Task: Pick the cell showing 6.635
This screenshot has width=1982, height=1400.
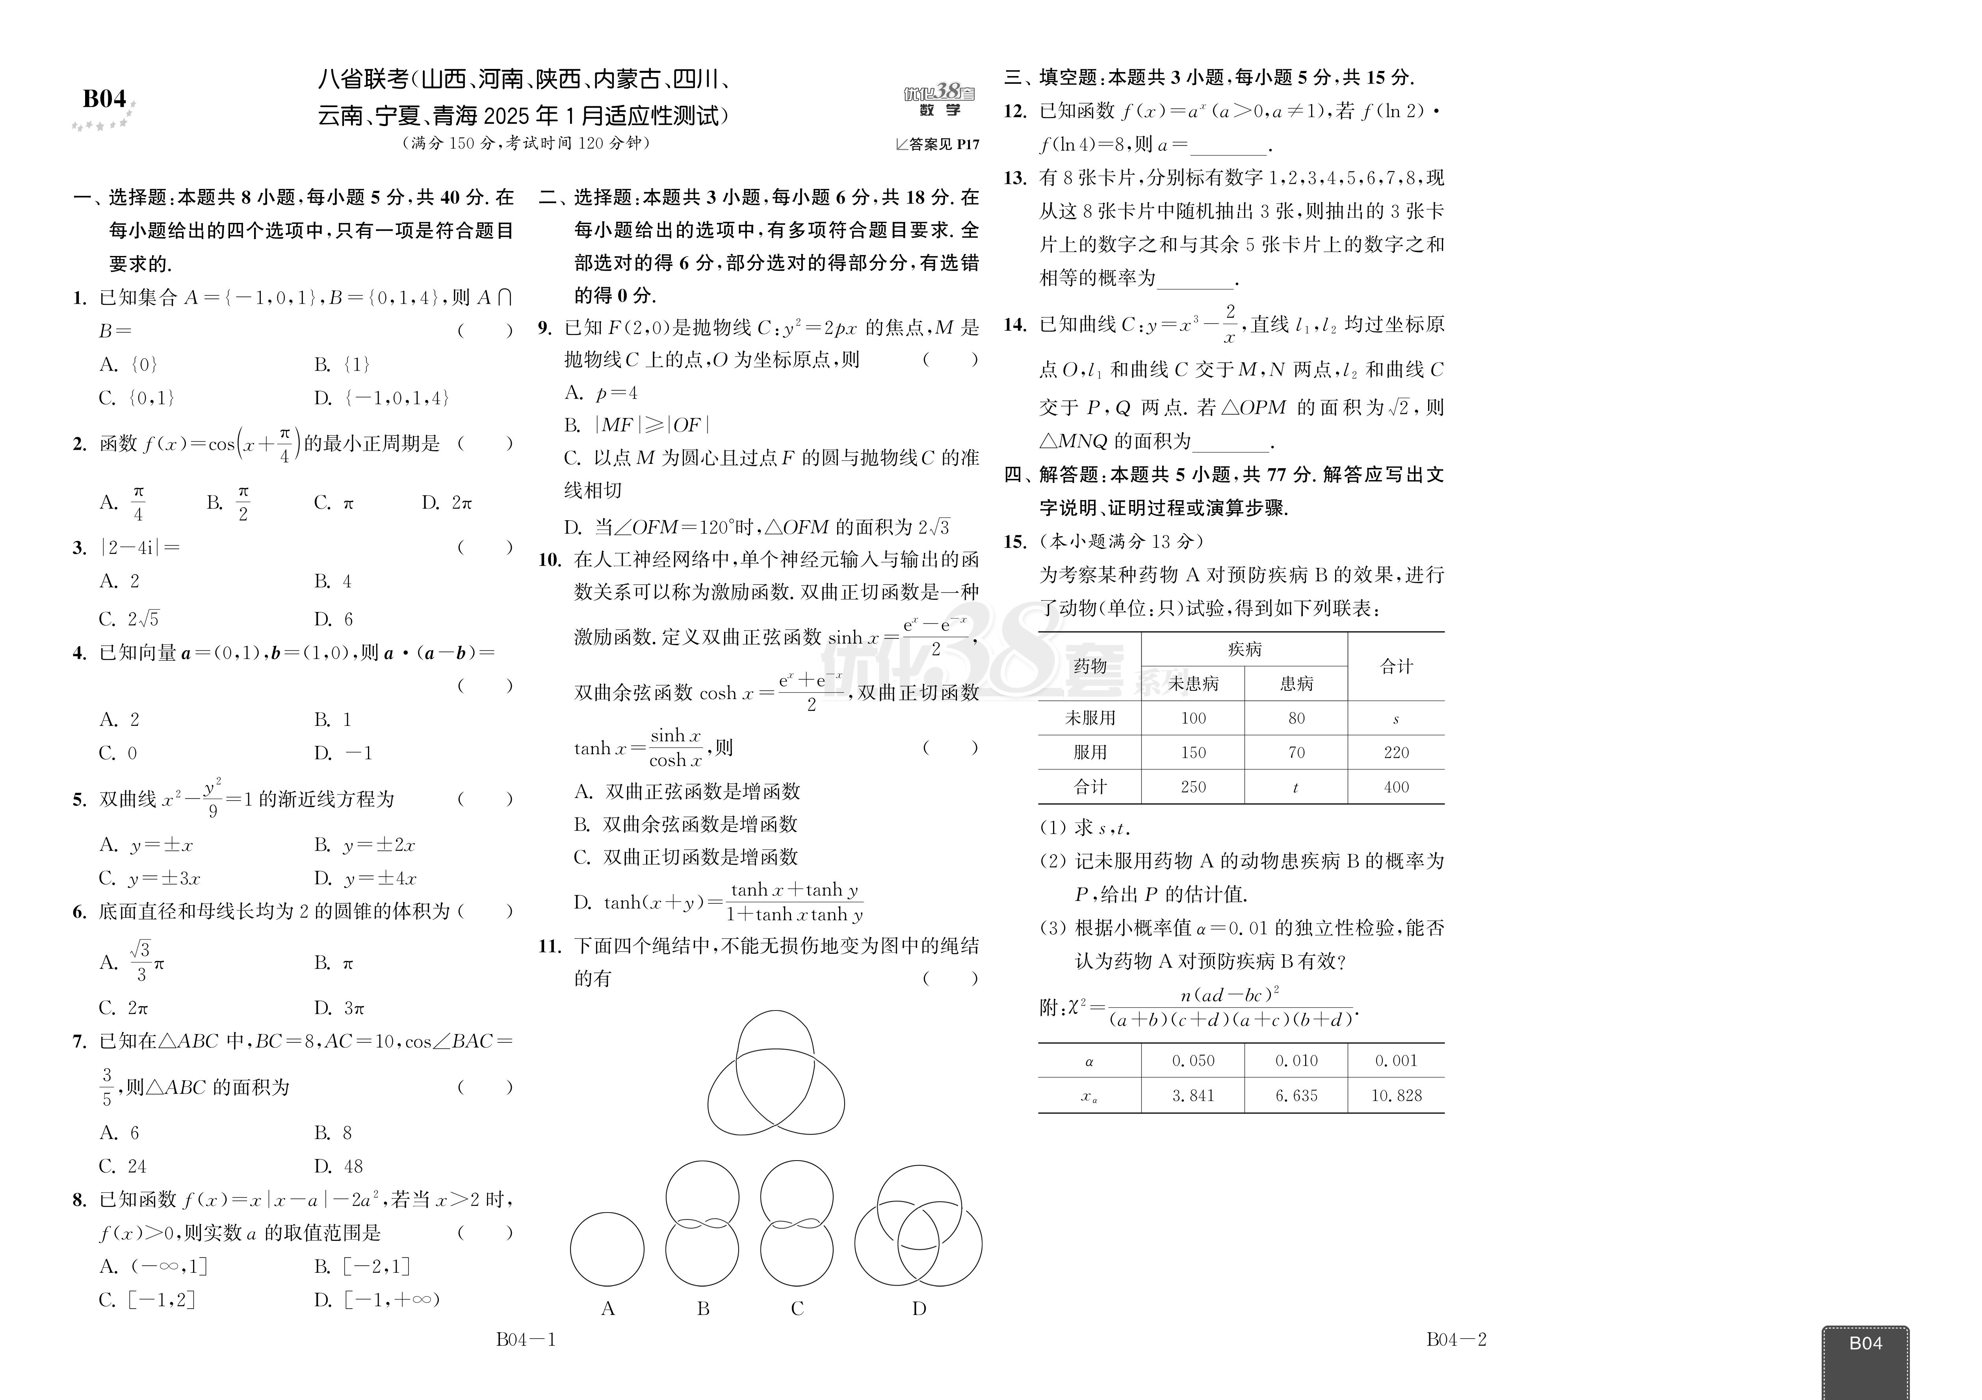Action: [x=1296, y=1095]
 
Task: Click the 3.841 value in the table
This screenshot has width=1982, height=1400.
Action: [x=1193, y=1095]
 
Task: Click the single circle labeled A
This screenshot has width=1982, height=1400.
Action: [x=607, y=1249]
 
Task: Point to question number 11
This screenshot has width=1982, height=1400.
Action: [x=550, y=946]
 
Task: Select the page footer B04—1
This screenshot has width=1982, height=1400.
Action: [x=526, y=1340]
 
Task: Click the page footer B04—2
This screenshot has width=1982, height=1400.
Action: [x=1456, y=1340]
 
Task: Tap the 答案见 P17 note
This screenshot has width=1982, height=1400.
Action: [x=938, y=144]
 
